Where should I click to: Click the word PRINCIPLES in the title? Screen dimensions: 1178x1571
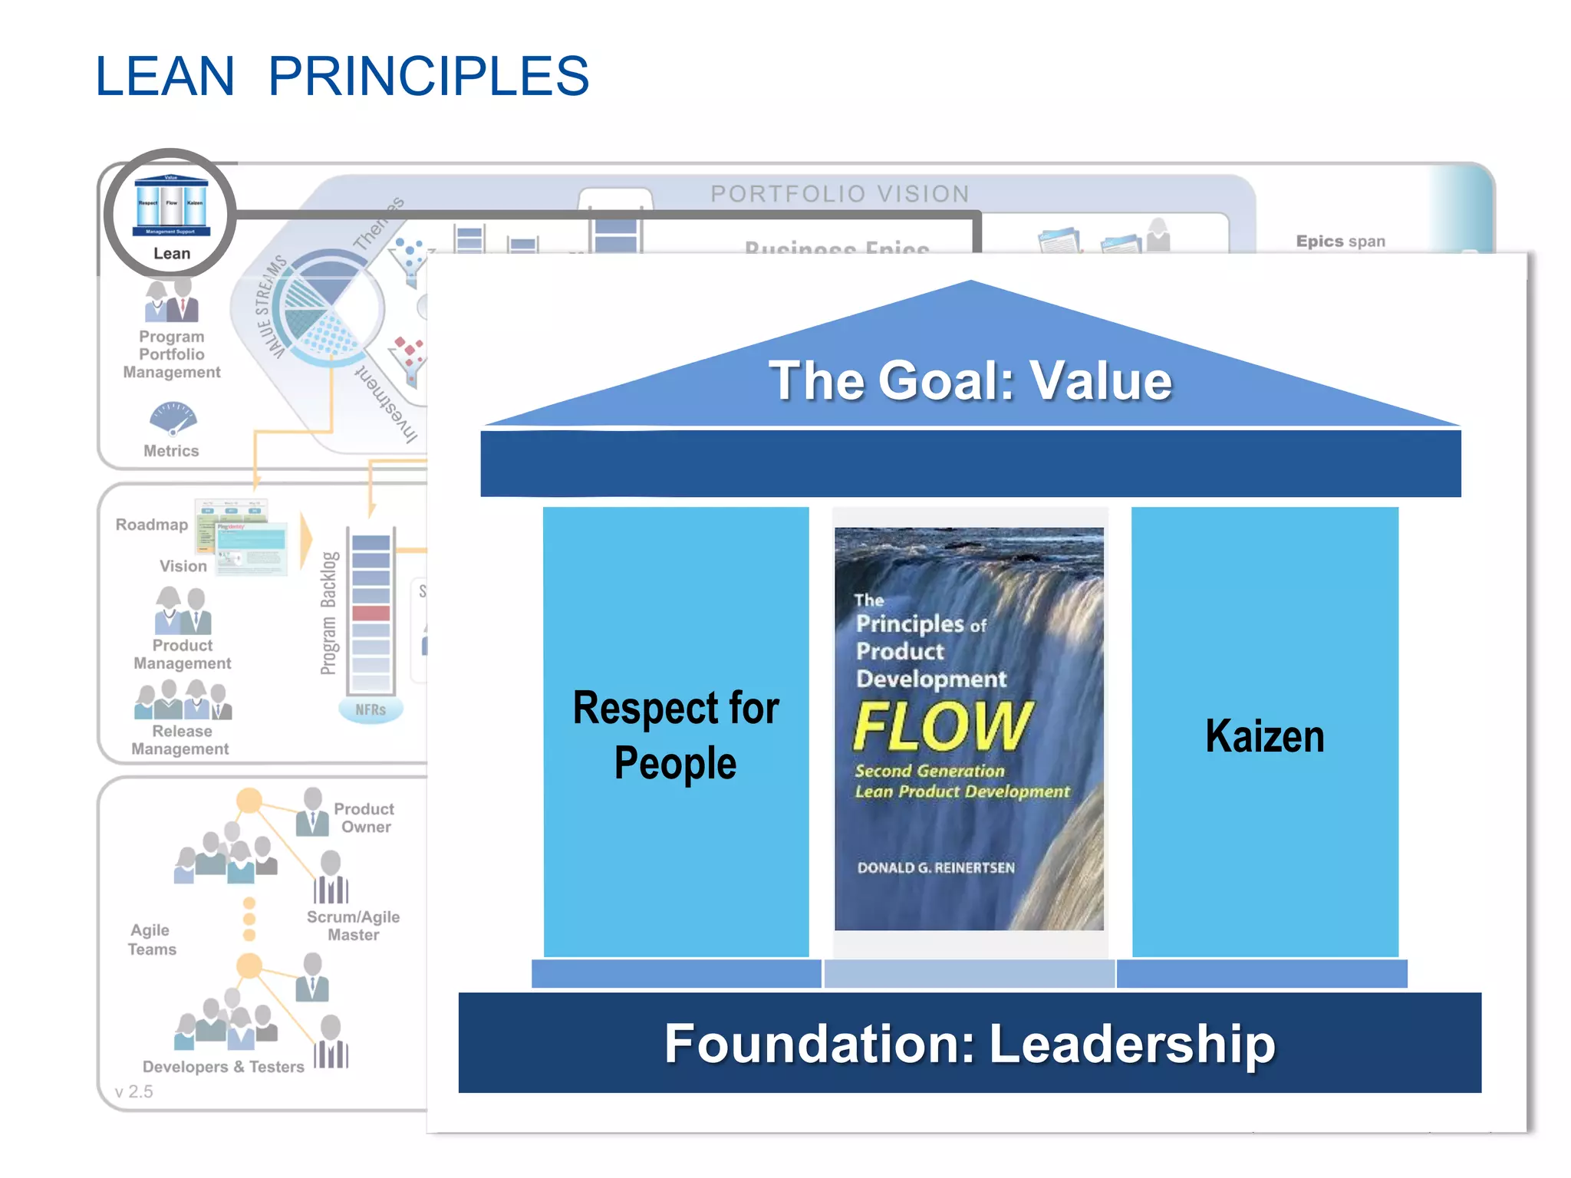tap(428, 77)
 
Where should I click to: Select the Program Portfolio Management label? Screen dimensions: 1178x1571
tap(172, 354)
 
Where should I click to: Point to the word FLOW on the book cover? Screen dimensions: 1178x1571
tap(942, 726)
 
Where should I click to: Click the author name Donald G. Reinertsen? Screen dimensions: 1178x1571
tap(936, 867)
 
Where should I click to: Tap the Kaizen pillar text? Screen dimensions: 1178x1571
tap(1264, 736)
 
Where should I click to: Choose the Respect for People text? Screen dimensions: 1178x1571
tap(676, 735)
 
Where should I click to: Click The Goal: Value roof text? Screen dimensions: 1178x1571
tap(970, 380)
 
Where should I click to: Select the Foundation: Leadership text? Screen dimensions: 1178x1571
tap(970, 1044)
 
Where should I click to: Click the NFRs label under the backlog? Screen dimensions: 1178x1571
tap(371, 710)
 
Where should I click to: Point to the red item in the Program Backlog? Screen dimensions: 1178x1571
tap(371, 613)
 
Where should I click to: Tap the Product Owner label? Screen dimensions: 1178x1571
tap(364, 818)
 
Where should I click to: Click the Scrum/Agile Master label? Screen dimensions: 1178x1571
tap(354, 926)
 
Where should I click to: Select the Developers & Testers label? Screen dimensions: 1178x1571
tap(223, 1067)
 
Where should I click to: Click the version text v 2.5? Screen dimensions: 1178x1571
tap(133, 1091)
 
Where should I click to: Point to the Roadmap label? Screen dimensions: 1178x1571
tap(152, 525)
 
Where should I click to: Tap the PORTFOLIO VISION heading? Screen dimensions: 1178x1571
tap(840, 194)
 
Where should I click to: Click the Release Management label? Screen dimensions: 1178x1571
tap(181, 740)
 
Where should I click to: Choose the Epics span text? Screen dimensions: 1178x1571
tap(1340, 242)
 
